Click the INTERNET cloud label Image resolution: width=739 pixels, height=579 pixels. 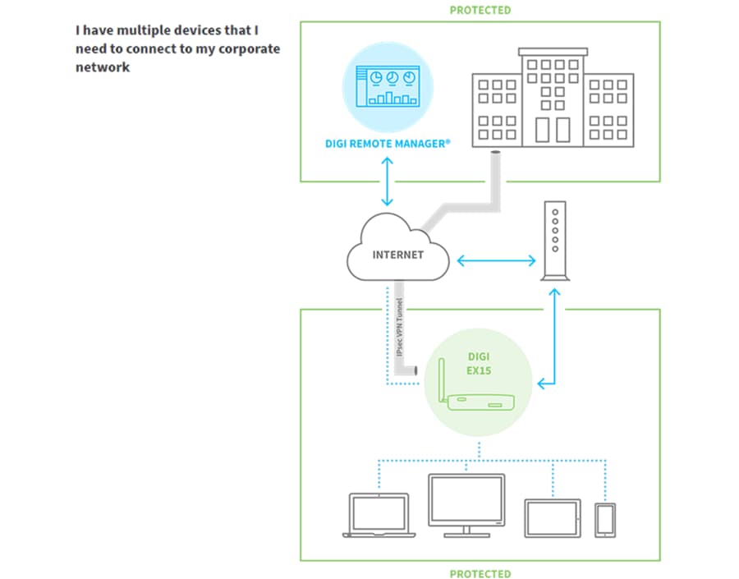[398, 255]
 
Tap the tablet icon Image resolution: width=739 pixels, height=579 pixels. [552, 517]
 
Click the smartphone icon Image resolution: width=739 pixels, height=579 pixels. [606, 520]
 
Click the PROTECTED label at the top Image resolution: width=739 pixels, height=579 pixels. [480, 11]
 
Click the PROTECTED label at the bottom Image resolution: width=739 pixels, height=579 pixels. [480, 573]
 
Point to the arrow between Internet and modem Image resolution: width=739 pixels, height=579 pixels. [496, 261]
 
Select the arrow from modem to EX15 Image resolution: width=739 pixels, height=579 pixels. [557, 337]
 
